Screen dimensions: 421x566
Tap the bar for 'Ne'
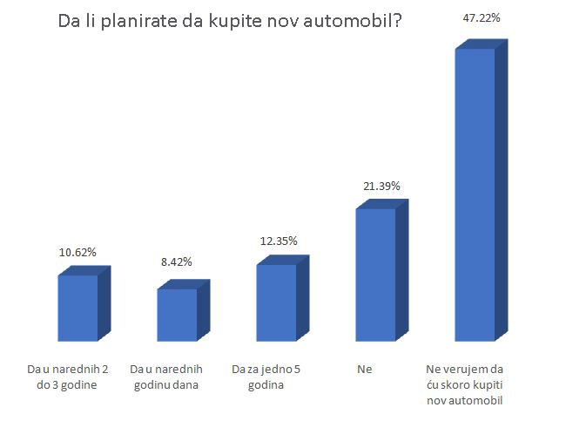[375, 274]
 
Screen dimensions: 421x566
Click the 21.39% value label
[381, 186]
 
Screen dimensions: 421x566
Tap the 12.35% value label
[280, 241]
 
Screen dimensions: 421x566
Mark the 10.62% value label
[77, 252]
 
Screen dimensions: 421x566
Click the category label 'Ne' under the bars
[364, 370]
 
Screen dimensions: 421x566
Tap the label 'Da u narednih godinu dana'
[170, 377]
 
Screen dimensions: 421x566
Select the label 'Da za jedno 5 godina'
[266, 377]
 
